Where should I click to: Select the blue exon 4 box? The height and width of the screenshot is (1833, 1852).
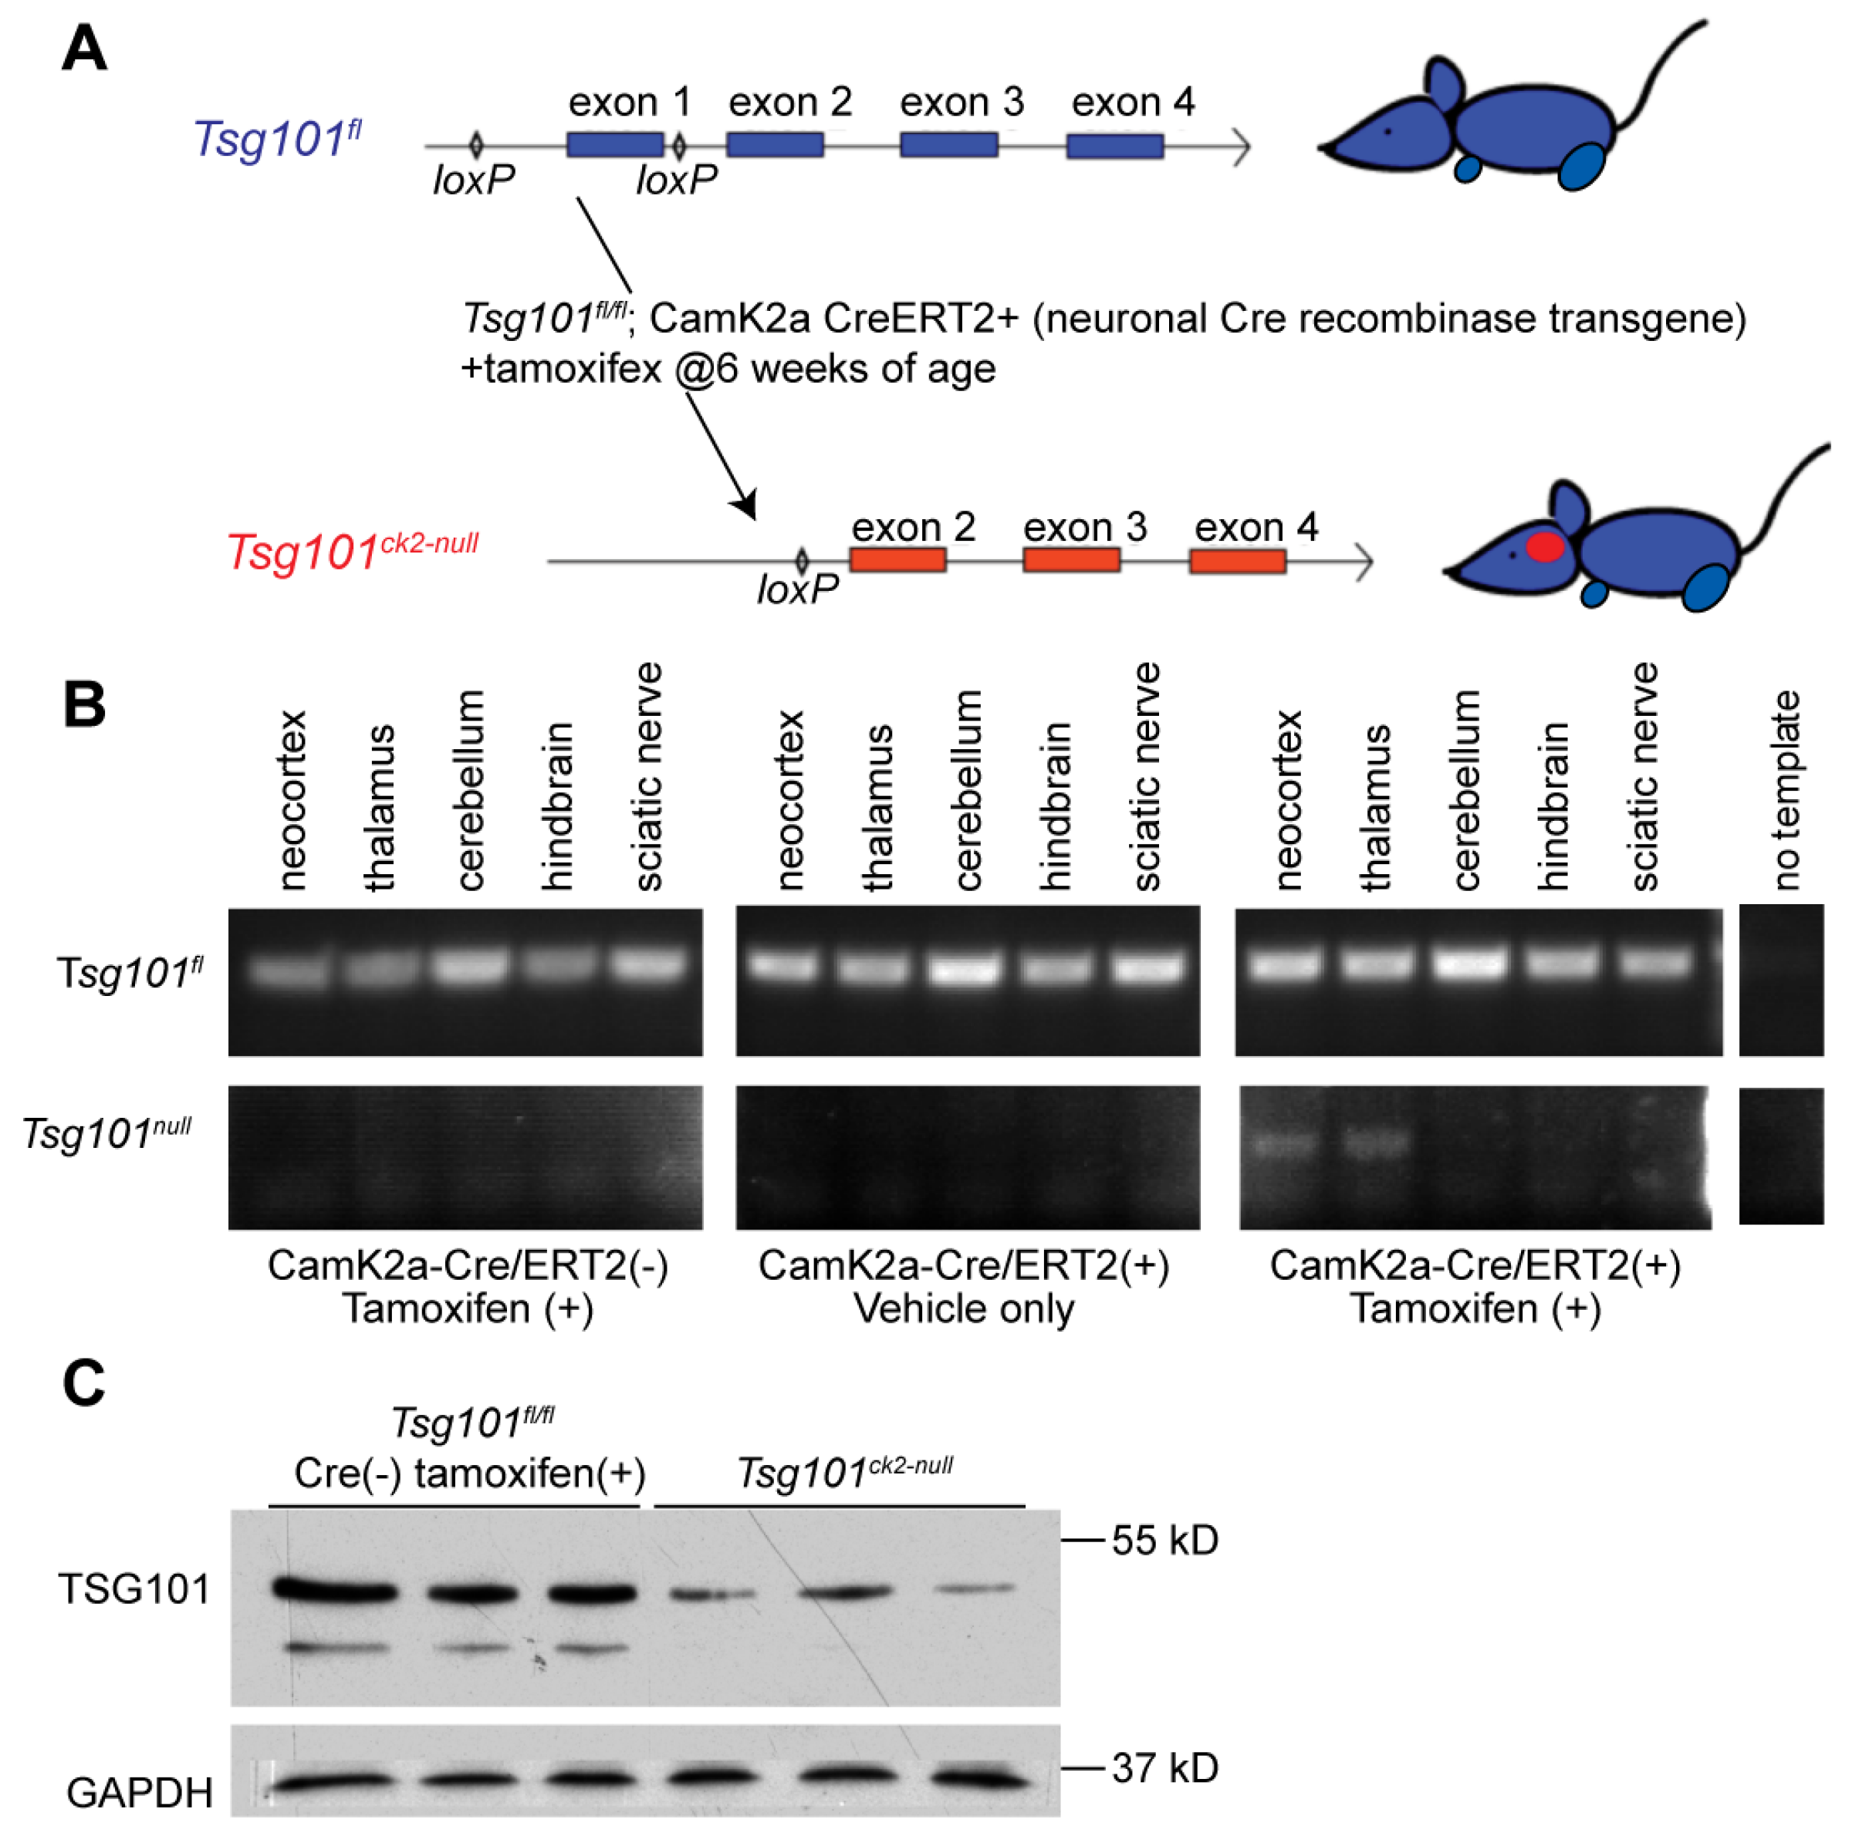(1115, 146)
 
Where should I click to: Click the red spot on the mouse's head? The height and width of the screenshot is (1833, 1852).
(1544, 547)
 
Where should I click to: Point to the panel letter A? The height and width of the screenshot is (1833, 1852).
(84, 50)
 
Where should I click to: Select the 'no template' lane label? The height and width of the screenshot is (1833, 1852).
(1784, 791)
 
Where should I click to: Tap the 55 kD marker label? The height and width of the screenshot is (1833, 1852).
(1164, 1541)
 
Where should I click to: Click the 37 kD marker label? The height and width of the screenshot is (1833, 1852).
(1164, 1769)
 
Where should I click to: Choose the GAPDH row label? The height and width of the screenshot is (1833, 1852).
(140, 1792)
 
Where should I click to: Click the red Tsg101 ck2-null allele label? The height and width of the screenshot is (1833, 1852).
(352, 551)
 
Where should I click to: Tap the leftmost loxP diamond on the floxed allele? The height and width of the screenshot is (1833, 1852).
(475, 146)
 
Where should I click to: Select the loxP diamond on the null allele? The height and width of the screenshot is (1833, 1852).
(802, 561)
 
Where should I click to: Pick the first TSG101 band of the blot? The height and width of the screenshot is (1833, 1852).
(336, 1592)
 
